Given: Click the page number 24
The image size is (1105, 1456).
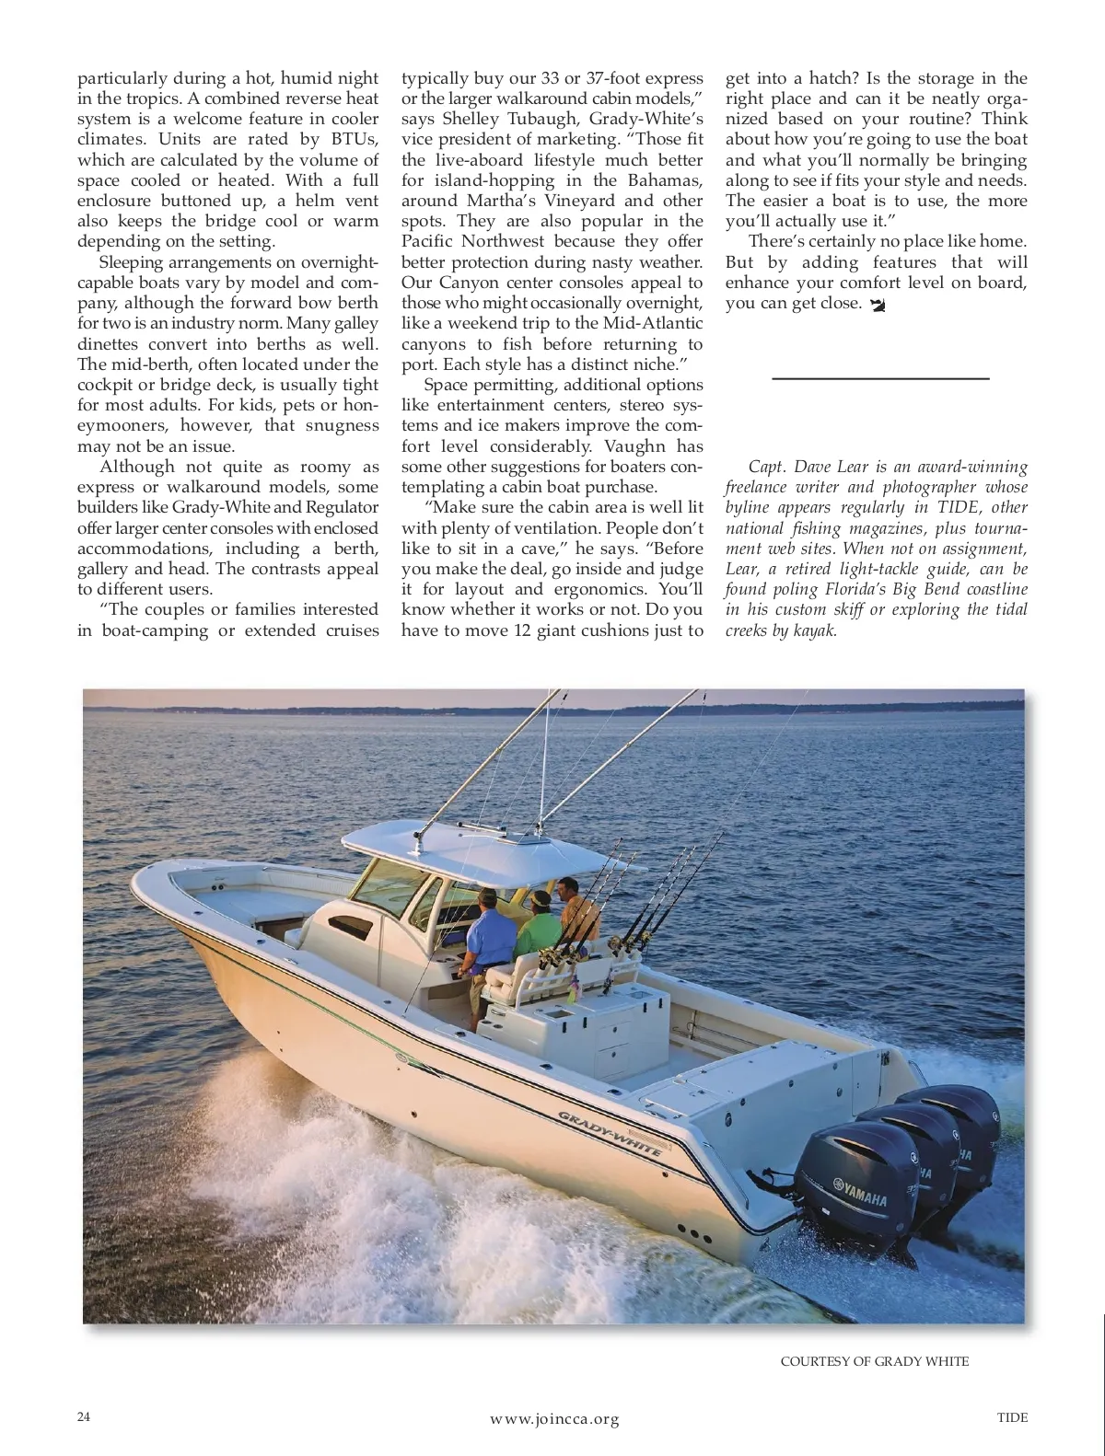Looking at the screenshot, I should point(84,1416).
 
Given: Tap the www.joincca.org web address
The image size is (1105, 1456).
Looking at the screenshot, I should point(554,1418).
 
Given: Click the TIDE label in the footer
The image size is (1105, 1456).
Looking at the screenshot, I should point(1012,1416).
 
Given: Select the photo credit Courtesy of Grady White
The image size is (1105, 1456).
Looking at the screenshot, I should point(874,1360).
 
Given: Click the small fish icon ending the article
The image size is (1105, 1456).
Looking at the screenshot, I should point(877,305).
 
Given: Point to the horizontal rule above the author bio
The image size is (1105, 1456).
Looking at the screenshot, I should point(879,378).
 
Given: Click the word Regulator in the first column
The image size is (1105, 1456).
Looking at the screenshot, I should point(342,507).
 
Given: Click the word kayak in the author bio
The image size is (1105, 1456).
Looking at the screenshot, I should point(815,631).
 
